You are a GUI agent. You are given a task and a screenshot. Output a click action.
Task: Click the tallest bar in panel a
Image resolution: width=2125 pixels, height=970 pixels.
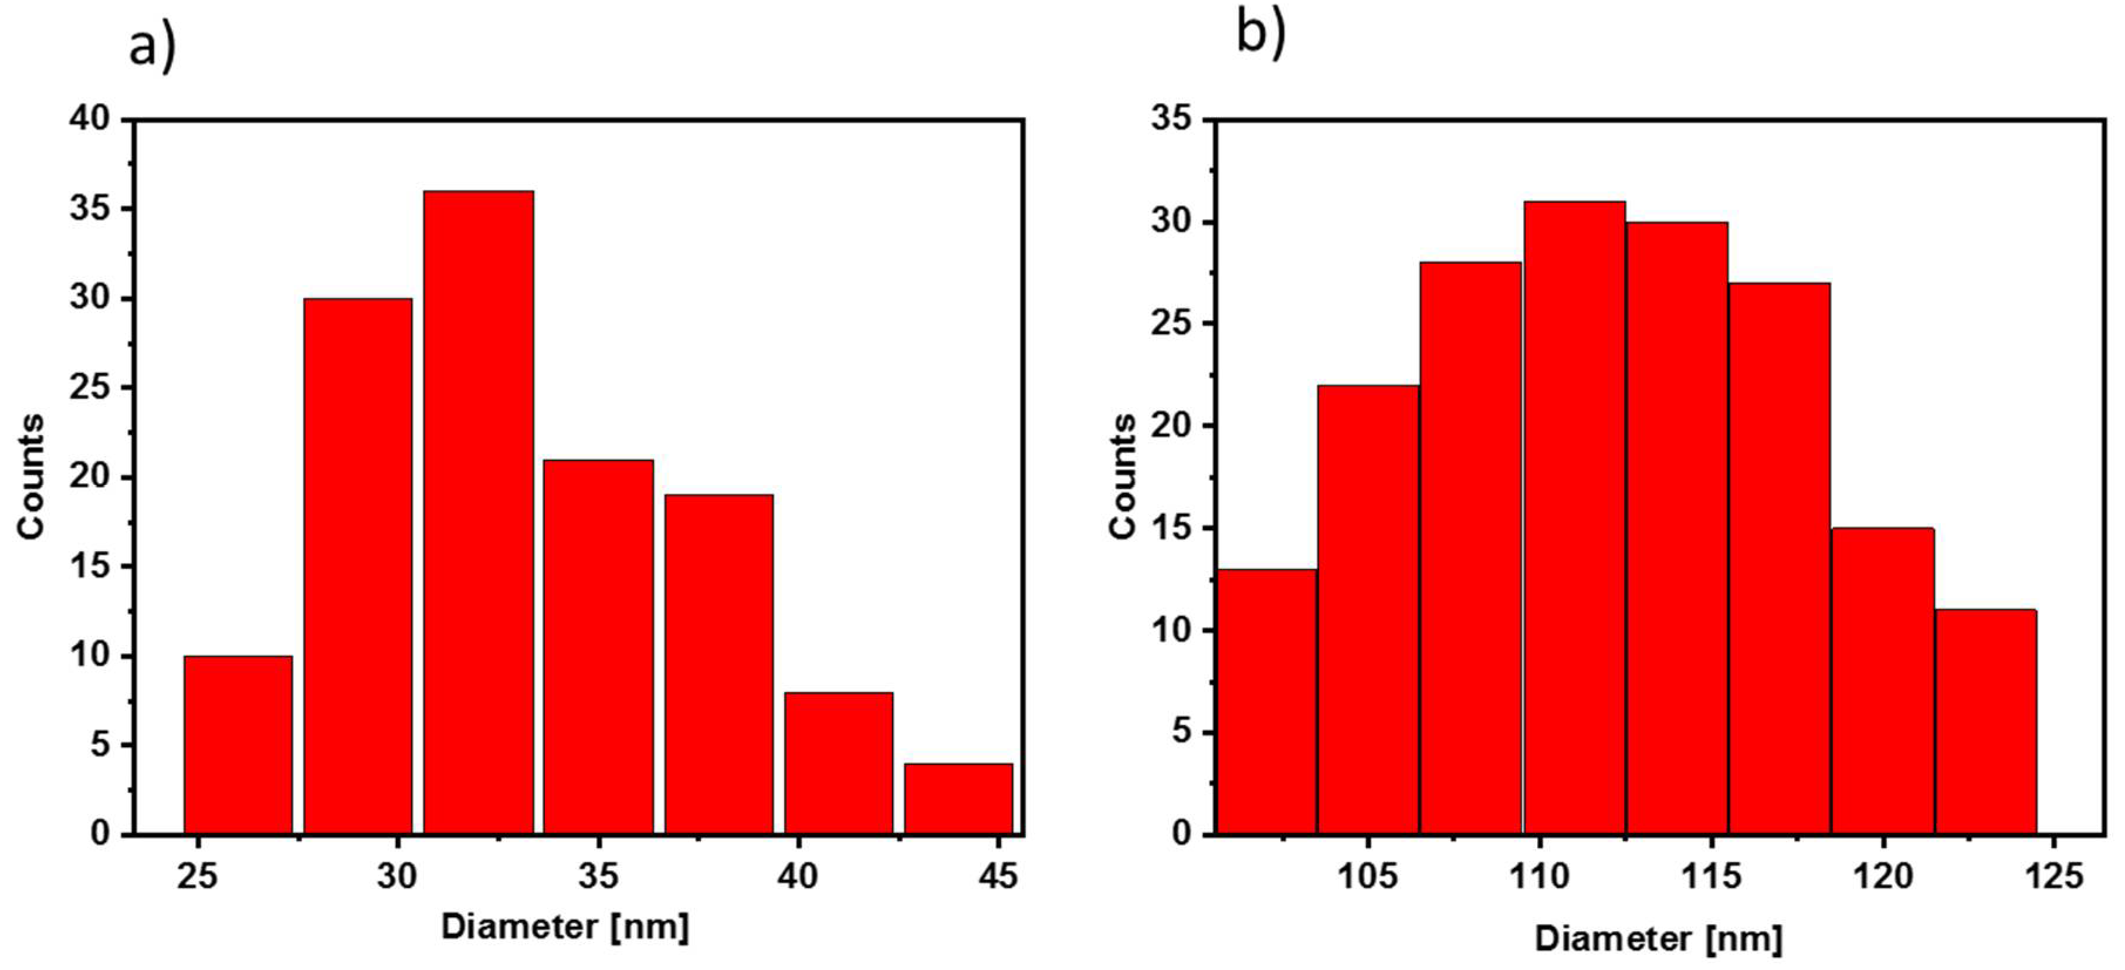479,511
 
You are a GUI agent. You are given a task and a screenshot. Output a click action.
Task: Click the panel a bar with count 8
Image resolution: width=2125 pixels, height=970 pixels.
838,762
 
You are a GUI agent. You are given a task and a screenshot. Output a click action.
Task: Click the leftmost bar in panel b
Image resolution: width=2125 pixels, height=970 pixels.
1266,701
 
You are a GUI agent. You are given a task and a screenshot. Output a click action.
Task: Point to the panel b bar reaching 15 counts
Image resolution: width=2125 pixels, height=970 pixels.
1883,680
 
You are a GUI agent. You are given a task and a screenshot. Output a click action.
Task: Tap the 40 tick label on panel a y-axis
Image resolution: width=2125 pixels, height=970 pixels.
89,119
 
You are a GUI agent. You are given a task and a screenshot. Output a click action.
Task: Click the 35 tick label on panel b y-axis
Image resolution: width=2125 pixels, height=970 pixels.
1171,119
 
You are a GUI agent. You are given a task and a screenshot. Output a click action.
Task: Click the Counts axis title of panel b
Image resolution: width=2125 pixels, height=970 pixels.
1123,477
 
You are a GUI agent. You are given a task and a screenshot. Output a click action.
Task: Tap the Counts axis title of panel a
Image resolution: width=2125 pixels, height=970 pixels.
30,477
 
